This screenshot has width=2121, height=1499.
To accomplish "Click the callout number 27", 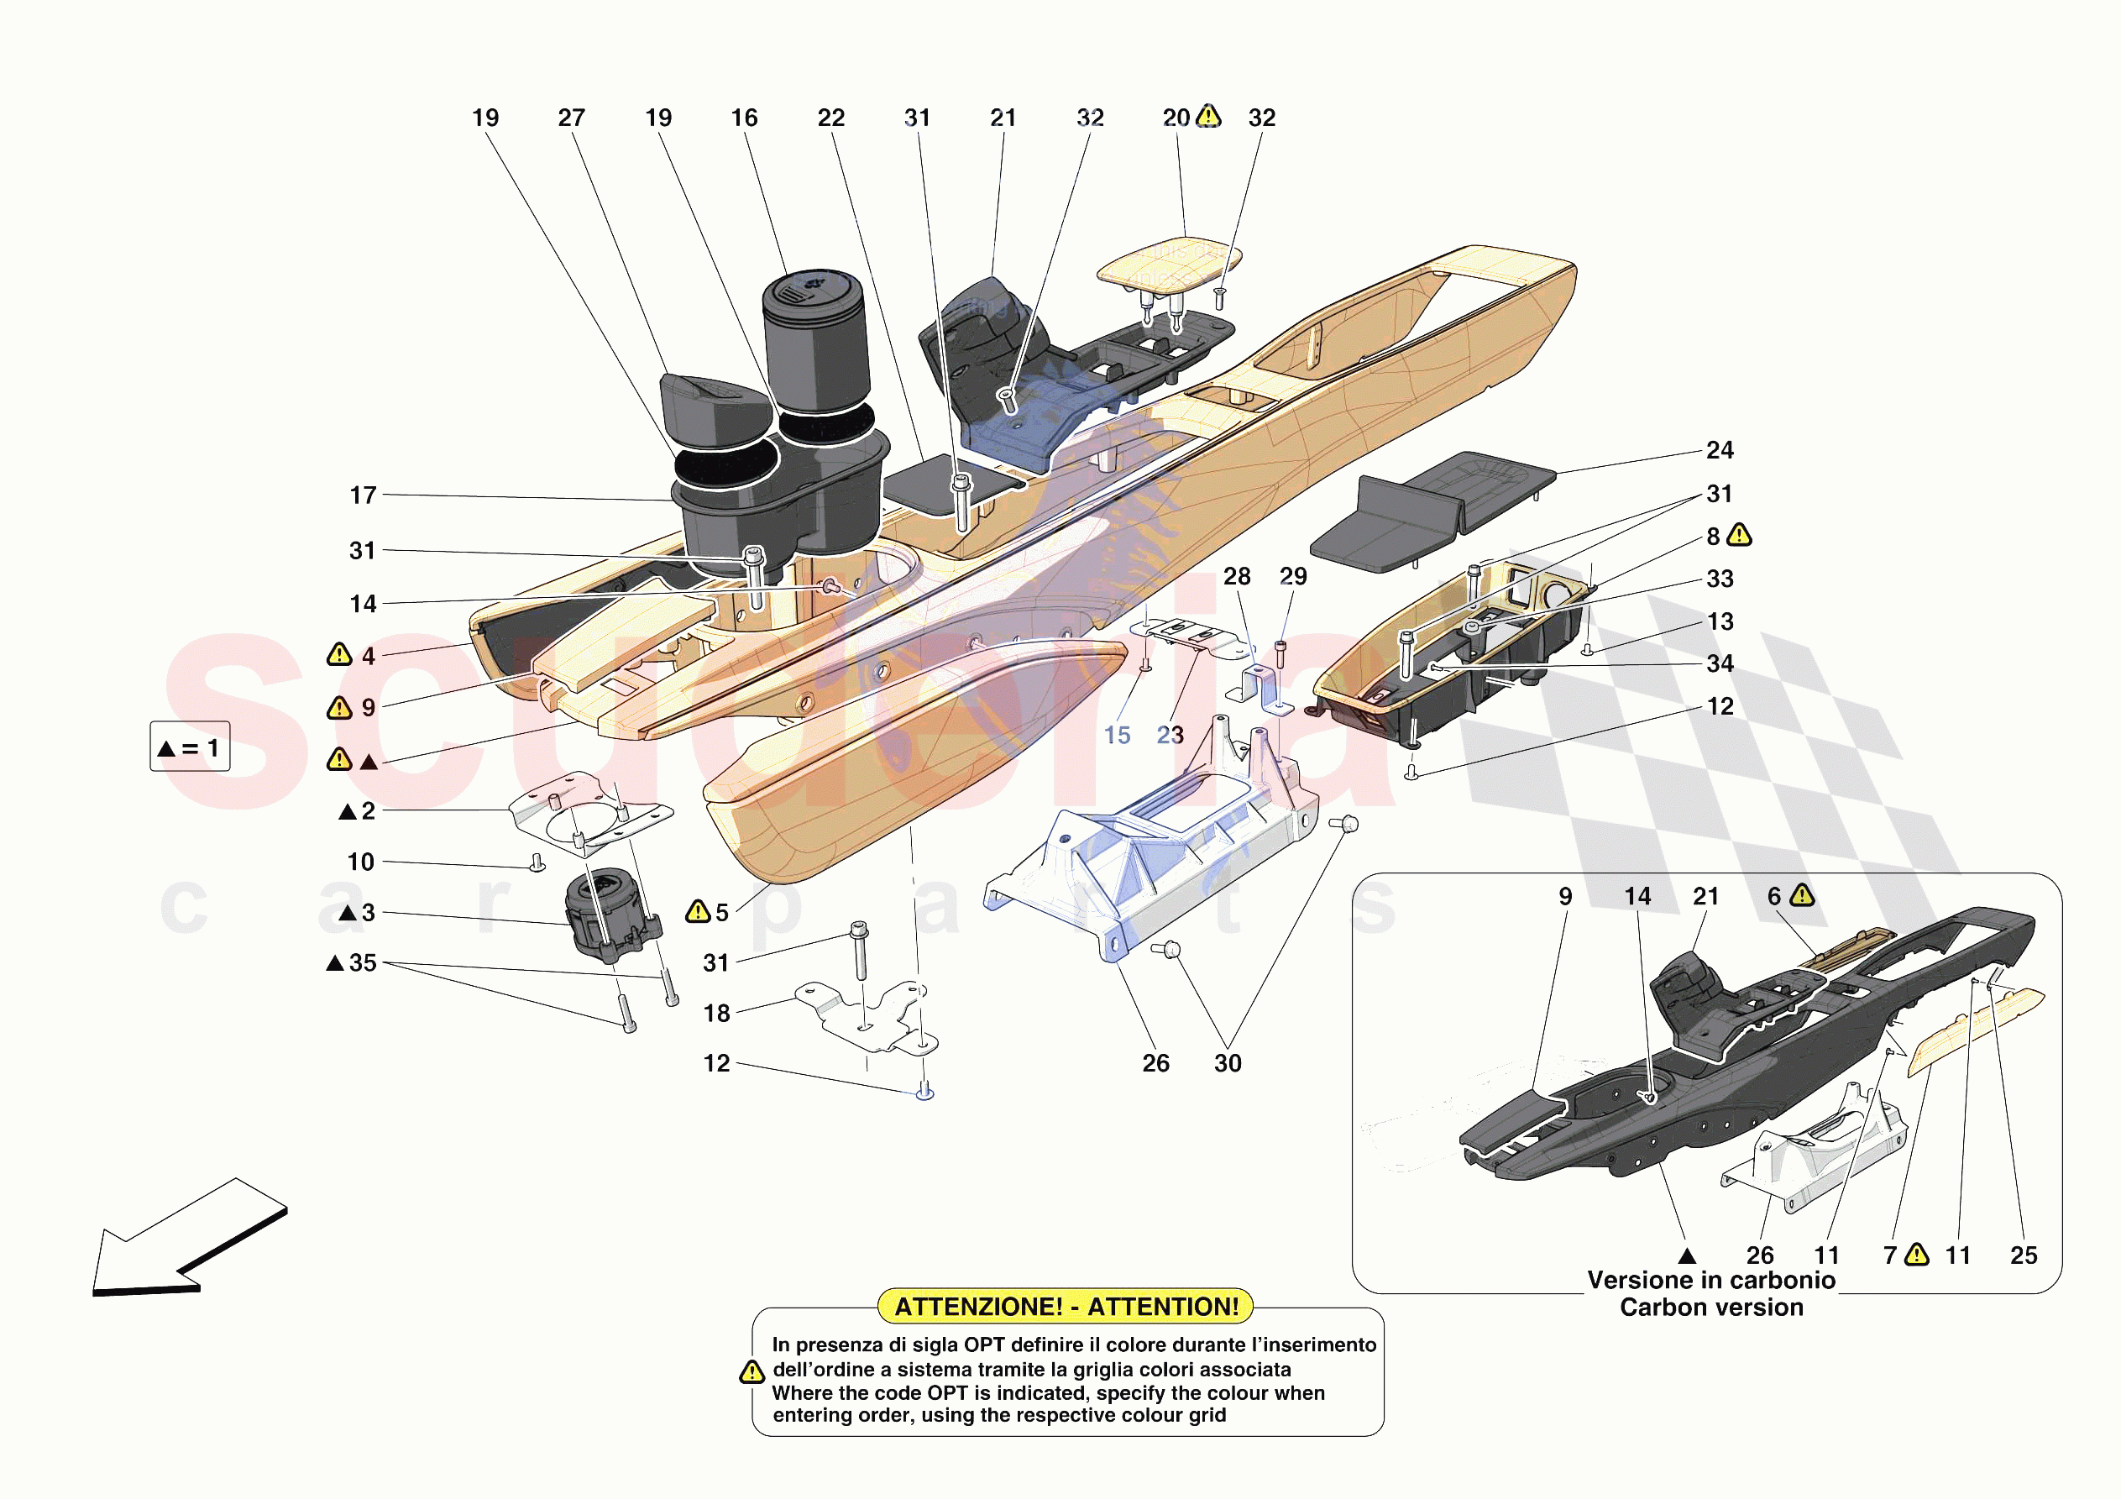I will (x=571, y=118).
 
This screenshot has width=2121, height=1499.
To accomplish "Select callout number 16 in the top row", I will (x=744, y=118).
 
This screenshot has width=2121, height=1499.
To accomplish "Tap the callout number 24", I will (x=1719, y=450).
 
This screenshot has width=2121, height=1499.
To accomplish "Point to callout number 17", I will (x=363, y=495).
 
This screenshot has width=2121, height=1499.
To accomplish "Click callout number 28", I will (x=1236, y=576).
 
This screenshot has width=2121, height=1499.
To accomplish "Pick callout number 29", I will (x=1292, y=576).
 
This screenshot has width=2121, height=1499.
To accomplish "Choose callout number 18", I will (x=716, y=1013).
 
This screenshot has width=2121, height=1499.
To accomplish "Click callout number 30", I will (x=1227, y=1063).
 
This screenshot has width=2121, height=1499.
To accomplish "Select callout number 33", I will (x=1719, y=579).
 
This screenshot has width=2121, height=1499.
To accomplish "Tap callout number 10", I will (x=360, y=862).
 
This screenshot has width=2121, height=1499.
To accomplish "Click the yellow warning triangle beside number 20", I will (x=1208, y=117).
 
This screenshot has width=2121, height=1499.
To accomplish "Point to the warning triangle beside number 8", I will (x=1740, y=535).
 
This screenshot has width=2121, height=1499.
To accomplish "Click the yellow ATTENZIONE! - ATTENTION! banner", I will (x=1066, y=1306).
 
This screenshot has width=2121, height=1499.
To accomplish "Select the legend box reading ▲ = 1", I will (x=190, y=747).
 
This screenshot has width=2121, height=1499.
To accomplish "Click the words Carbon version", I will (x=1711, y=1308).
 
